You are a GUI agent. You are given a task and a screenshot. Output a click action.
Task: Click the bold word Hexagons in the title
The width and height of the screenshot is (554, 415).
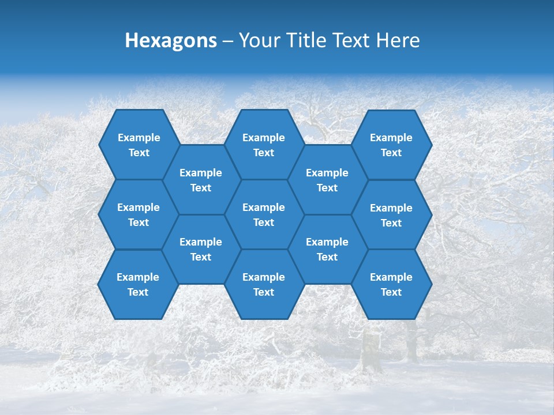tap(171, 40)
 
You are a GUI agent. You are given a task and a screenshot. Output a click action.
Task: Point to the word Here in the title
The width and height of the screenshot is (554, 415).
tap(398, 40)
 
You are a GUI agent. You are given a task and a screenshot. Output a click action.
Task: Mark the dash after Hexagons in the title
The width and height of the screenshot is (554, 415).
tap(227, 41)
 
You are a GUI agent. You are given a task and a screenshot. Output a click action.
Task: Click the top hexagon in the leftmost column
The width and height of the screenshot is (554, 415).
tap(138, 145)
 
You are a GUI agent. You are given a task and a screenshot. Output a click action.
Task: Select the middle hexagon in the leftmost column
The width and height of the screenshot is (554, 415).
tap(138, 214)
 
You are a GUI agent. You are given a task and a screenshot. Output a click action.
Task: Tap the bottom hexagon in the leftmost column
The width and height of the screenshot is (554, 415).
tap(138, 284)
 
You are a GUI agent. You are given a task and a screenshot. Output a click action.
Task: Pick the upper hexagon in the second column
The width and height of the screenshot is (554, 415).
tap(201, 180)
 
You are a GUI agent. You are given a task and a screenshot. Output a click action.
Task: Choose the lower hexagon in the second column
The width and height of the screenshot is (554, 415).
tap(201, 249)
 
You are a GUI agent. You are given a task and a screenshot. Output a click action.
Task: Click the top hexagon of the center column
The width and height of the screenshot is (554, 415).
tap(264, 145)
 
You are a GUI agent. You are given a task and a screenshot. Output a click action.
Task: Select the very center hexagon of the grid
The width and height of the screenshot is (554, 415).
tap(264, 214)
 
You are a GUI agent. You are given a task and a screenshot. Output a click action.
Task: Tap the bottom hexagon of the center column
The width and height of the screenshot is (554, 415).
tap(264, 284)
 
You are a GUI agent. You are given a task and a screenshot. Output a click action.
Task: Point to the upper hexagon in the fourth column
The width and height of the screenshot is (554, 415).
tap(327, 180)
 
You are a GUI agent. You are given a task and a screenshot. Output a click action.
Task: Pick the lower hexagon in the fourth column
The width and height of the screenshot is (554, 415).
tap(327, 249)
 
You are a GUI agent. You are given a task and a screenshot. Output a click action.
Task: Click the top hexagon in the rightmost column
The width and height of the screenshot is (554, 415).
tap(391, 145)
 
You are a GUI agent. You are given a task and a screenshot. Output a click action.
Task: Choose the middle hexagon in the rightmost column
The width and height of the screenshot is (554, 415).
tap(391, 215)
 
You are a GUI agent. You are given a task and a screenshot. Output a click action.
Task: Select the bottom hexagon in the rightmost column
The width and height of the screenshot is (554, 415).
tap(391, 284)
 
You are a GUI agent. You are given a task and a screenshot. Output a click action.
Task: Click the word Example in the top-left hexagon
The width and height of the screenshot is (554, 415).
tap(139, 138)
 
